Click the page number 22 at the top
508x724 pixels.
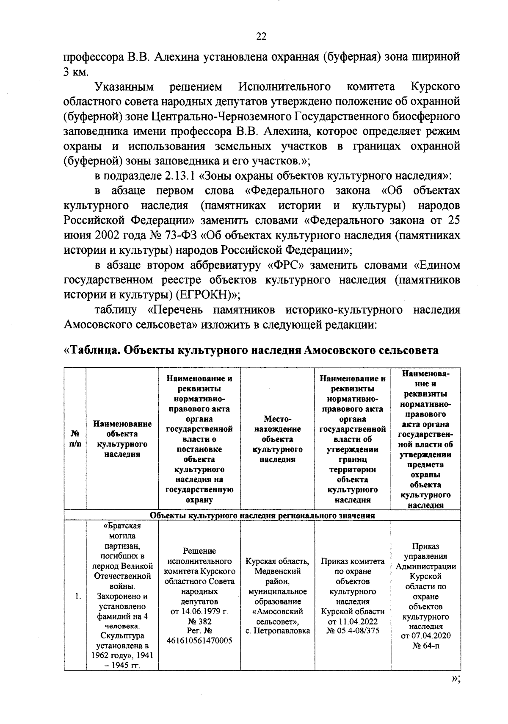(261, 37)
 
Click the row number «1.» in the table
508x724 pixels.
(78, 597)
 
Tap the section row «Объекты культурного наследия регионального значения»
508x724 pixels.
(262, 516)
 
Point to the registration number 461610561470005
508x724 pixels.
(199, 641)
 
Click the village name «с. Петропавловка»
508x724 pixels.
(278, 631)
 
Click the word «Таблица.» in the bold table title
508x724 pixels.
(96, 351)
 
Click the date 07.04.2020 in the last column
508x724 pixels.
(426, 636)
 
